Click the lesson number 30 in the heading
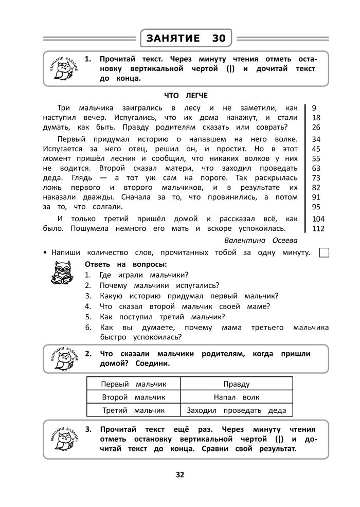[218, 38]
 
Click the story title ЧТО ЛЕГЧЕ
[186, 96]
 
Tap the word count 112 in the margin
[318, 229]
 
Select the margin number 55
[316, 158]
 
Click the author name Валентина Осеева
[261, 240]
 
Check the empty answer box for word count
[324, 252]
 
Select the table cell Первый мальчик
[133, 384]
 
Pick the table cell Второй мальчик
[133, 397]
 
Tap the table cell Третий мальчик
[133, 410]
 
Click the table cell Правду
[237, 384]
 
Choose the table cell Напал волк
[237, 397]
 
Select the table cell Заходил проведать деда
[237, 410]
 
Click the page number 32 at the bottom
[180, 475]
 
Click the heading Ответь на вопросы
[125, 264]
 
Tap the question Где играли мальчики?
[136, 275]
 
